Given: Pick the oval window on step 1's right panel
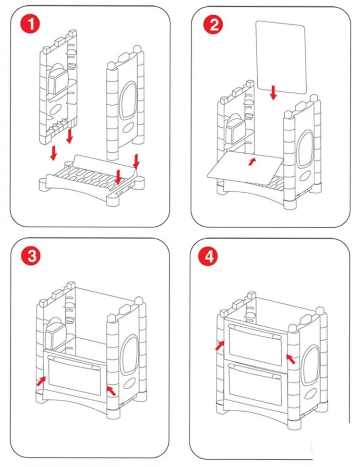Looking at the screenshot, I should (x=128, y=100).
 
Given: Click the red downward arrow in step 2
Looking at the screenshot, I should (x=273, y=93).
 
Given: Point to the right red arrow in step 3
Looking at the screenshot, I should (x=111, y=390).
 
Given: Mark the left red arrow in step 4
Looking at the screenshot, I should (x=219, y=345).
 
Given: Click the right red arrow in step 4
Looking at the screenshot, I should (x=291, y=358).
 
